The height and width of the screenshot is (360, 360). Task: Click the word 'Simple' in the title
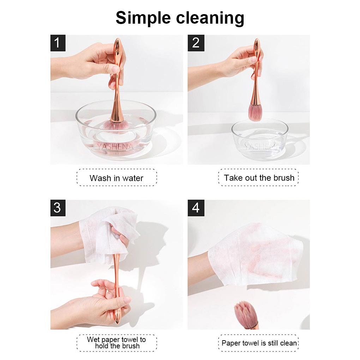(x=144, y=18)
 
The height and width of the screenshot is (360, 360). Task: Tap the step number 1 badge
(x=58, y=43)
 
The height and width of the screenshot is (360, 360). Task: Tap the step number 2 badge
(x=196, y=43)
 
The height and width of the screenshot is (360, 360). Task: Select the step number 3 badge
(x=58, y=208)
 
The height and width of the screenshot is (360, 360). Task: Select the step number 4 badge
(x=196, y=208)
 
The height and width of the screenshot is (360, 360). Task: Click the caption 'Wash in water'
(x=116, y=178)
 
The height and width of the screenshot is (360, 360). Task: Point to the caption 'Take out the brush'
(x=259, y=178)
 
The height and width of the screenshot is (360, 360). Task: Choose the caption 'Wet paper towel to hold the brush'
(x=116, y=343)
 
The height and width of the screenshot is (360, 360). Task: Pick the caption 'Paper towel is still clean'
(x=259, y=343)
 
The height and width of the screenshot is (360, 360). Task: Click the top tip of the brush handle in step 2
(x=257, y=39)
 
